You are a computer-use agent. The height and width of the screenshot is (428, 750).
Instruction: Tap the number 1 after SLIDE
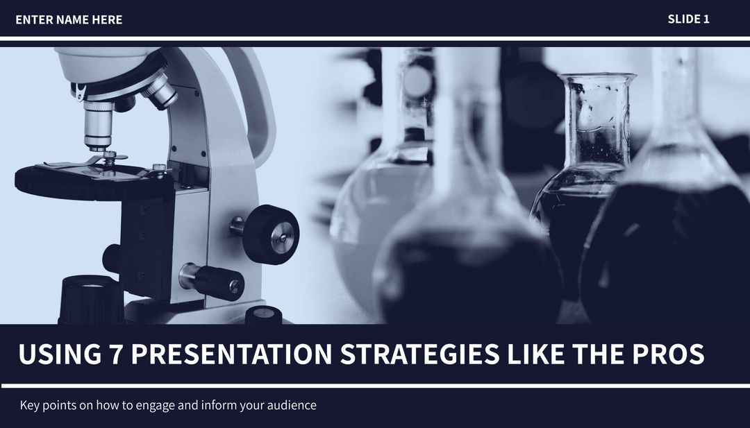tap(706, 19)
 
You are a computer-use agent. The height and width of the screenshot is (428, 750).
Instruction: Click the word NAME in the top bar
tap(72, 20)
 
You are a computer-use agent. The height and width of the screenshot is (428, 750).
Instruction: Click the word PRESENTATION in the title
tap(231, 354)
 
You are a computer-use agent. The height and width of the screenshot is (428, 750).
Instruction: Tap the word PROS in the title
tap(667, 354)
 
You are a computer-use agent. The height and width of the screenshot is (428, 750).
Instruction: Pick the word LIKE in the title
tap(533, 354)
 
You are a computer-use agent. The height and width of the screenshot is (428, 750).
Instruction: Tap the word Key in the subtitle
tap(30, 405)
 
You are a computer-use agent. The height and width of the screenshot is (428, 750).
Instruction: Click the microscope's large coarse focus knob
tap(272, 234)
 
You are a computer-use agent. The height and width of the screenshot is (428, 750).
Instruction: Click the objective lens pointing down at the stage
tap(99, 129)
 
